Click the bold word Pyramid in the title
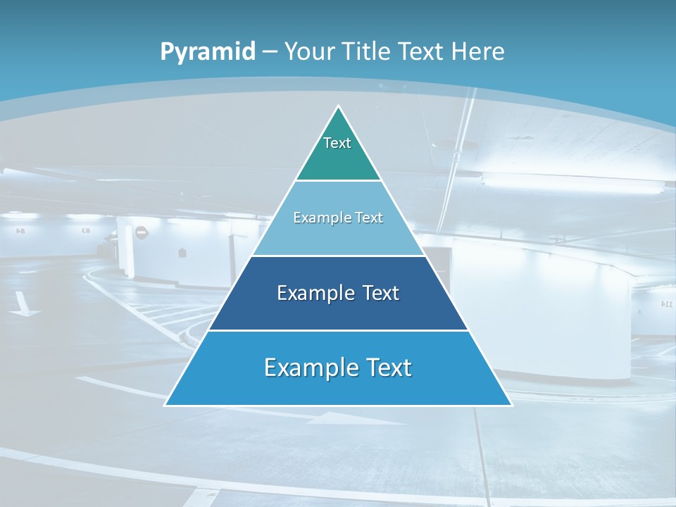pyautogui.click(x=208, y=51)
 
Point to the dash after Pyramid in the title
pyautogui.click(x=269, y=52)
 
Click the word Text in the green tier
pyautogui.click(x=337, y=143)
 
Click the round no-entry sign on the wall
pyautogui.click(x=141, y=232)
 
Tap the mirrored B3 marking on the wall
pyautogui.click(x=86, y=230)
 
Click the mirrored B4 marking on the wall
pyautogui.click(x=20, y=230)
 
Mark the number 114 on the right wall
pyautogui.click(x=666, y=303)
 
